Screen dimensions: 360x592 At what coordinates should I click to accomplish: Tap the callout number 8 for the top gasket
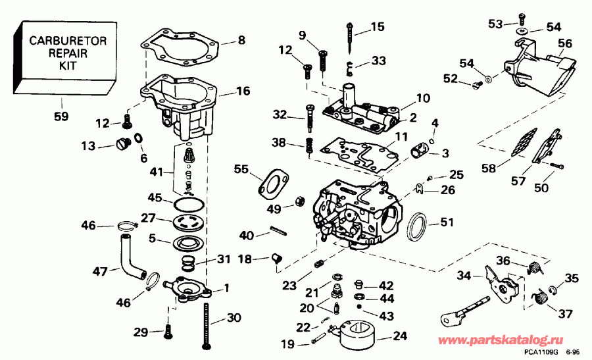[241, 40]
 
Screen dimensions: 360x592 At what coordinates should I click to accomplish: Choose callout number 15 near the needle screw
[377, 27]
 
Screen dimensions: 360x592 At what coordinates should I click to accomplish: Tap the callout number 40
[247, 236]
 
